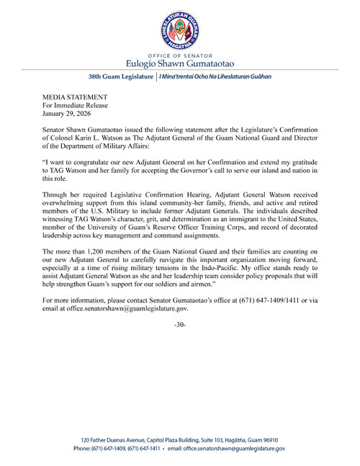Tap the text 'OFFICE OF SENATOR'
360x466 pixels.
[180, 54]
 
